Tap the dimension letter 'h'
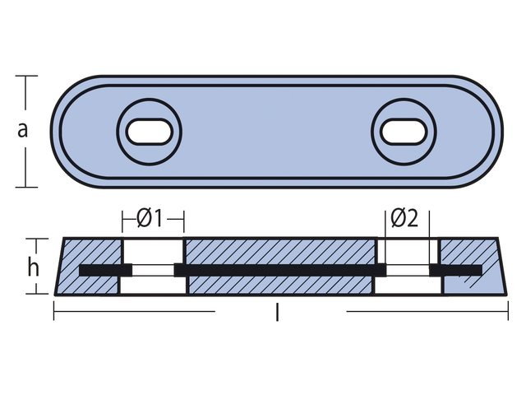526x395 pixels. click(x=33, y=267)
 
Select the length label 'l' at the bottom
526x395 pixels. click(x=277, y=313)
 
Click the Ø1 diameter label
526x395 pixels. click(x=153, y=219)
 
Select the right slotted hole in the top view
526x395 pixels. click(x=403, y=131)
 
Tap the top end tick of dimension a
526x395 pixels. click(x=26, y=77)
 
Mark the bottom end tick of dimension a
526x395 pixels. click(x=26, y=187)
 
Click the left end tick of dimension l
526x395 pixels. click(x=54, y=312)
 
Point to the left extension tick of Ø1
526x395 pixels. click(x=122, y=220)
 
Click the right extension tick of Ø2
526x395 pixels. click(x=429, y=220)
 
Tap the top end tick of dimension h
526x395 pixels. click(x=33, y=239)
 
